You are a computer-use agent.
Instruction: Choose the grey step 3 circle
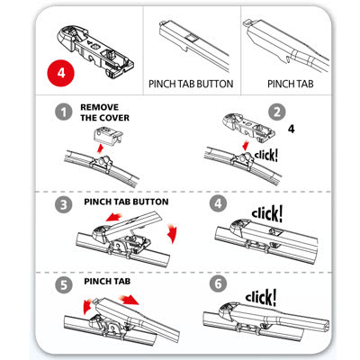pyautogui.click(x=61, y=204)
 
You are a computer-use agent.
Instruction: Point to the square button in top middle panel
pyautogui.click(x=193, y=37)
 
